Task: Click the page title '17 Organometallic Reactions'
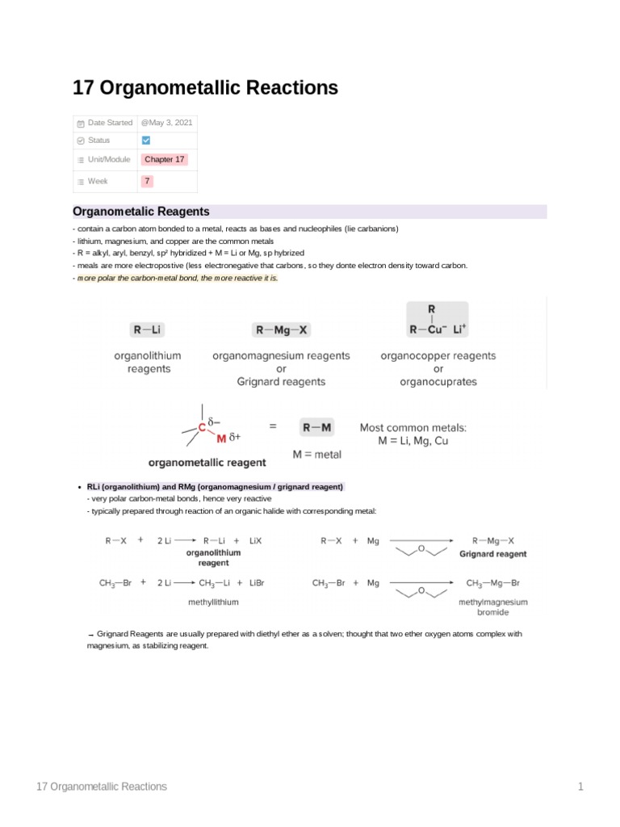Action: click(205, 88)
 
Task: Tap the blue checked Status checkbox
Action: click(146, 141)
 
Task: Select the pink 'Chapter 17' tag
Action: click(165, 160)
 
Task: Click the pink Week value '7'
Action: click(147, 182)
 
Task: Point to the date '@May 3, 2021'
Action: click(167, 123)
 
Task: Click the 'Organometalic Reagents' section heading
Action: click(141, 212)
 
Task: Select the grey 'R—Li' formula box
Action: click(149, 330)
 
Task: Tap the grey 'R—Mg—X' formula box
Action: click(281, 330)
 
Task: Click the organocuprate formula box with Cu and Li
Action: click(437, 321)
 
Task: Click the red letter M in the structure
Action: click(221, 439)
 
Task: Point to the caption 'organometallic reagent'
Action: click(207, 463)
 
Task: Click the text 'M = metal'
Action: click(316, 455)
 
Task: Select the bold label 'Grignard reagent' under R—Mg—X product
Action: click(492, 554)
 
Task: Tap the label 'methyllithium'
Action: click(213, 602)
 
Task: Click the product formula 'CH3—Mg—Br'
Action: click(492, 582)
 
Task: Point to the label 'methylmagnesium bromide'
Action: click(492, 607)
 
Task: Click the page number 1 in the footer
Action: click(580, 787)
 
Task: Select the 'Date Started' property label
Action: click(110, 123)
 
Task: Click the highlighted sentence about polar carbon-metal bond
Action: click(177, 278)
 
